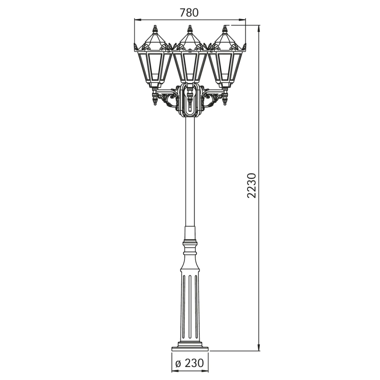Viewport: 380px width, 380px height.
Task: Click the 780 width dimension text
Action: pos(189,13)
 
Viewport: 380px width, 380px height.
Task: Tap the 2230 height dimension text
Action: pos(252,186)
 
